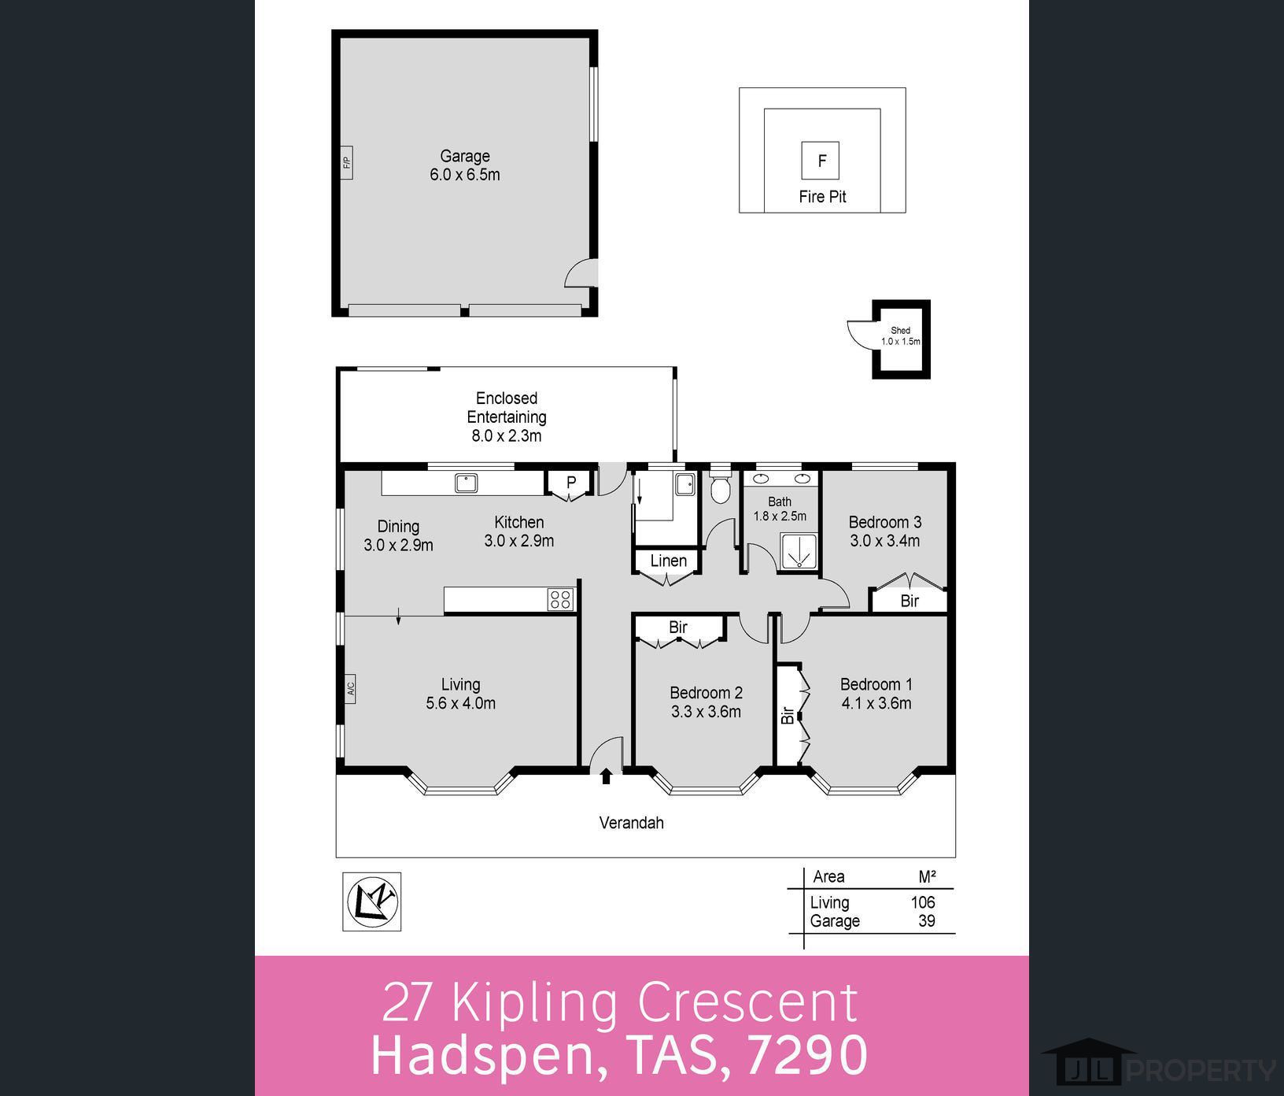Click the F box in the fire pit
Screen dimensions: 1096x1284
821,161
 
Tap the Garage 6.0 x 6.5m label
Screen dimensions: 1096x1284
464,165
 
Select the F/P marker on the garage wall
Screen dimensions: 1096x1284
346,163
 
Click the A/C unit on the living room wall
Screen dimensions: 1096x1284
350,689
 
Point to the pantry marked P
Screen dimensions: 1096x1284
571,482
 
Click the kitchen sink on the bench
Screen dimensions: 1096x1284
466,483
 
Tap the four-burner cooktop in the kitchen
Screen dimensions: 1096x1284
560,599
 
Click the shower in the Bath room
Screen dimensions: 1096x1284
799,550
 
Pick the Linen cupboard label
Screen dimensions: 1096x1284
669,561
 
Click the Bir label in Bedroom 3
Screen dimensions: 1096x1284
909,601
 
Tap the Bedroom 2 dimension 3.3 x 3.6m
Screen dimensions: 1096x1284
706,712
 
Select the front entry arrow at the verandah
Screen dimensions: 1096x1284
606,777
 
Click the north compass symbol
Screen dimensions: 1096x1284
372,902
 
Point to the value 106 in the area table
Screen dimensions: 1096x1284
922,902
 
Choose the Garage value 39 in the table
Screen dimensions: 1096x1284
926,921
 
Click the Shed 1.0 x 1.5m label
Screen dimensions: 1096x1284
901,336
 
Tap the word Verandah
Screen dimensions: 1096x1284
631,823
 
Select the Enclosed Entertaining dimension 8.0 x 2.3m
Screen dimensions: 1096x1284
506,435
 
